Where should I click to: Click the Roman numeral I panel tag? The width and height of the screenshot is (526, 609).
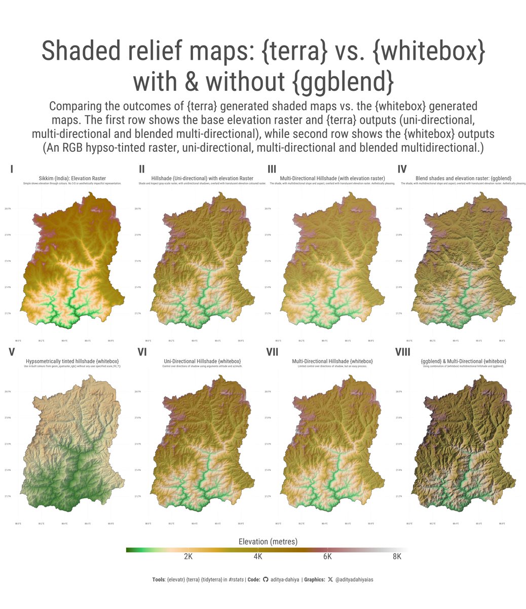(12, 169)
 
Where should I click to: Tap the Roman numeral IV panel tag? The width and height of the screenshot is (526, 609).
(402, 169)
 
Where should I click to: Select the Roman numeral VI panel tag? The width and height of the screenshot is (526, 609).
(142, 352)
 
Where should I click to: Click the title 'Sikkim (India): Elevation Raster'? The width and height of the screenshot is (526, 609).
(72, 178)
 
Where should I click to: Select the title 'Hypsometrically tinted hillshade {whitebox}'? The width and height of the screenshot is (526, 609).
(72, 361)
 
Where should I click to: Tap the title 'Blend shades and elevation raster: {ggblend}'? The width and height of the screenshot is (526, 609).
(463, 178)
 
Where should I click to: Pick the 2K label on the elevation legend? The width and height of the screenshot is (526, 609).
(188, 557)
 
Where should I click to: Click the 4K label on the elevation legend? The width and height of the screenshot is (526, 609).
(257, 557)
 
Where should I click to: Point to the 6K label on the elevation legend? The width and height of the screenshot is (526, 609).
(327, 557)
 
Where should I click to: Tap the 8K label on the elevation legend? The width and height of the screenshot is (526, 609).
(397, 557)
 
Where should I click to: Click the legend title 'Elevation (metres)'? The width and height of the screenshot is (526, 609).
(268, 542)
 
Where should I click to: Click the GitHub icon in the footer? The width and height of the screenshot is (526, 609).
(266, 580)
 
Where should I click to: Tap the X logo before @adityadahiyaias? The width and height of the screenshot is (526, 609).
(330, 580)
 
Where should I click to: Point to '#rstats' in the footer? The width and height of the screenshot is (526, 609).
(236, 580)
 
